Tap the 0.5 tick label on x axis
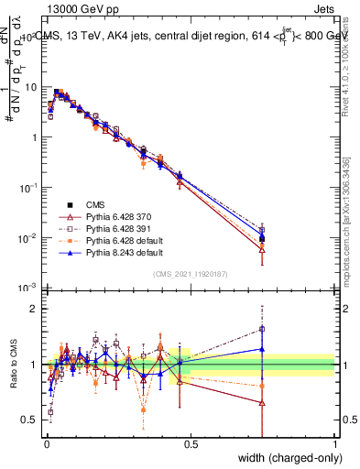[191, 444]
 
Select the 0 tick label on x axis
[46, 444]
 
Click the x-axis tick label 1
[335, 444]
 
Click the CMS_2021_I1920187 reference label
[191, 274]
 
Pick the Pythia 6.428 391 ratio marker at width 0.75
[263, 329]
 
